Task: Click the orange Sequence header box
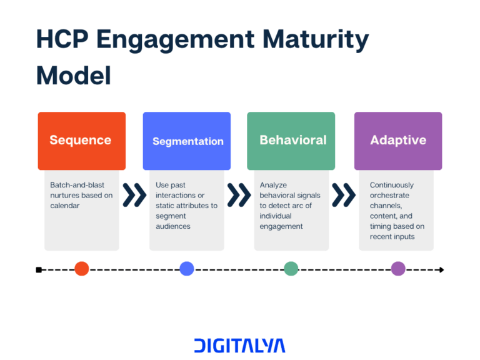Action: click(x=81, y=141)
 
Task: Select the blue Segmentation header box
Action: click(x=186, y=141)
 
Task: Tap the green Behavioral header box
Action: click(x=291, y=141)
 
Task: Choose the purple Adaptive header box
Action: click(x=398, y=141)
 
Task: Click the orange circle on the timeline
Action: click(x=82, y=269)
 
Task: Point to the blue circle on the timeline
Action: click(x=187, y=269)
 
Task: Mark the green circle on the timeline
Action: click(x=291, y=269)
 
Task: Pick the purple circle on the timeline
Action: click(x=398, y=269)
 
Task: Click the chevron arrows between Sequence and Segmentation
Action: click(x=134, y=195)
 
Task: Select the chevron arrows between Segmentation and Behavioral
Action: click(x=239, y=195)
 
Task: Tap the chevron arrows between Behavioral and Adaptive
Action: click(x=343, y=195)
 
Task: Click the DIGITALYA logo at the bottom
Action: click(x=239, y=346)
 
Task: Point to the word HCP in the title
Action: click(x=62, y=39)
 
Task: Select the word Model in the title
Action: click(x=74, y=75)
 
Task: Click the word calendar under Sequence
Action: click(x=65, y=206)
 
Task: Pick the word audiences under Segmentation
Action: click(x=173, y=226)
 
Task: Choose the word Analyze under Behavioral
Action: click(x=273, y=185)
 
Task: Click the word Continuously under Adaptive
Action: click(x=392, y=185)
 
